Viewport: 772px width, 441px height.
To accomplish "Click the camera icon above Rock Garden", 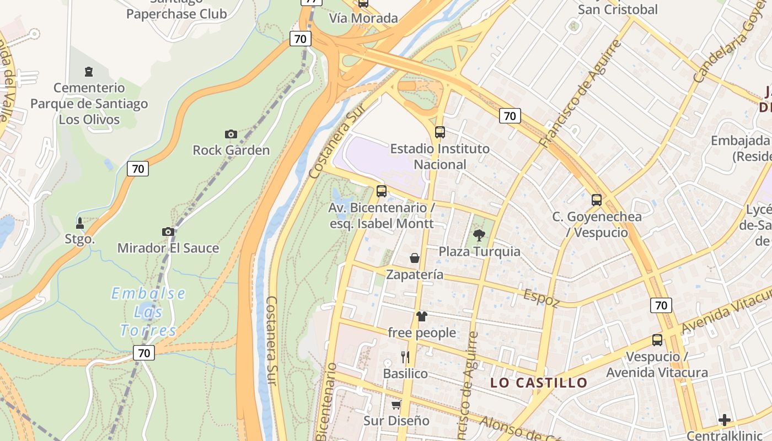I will coord(231,134).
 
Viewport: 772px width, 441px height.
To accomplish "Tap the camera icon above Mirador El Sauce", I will coord(168,232).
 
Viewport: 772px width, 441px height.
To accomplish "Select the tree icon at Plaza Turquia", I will coord(479,235).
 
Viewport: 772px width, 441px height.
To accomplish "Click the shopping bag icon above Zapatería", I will coord(414,258).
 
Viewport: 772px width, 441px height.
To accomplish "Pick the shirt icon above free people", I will coord(422,316).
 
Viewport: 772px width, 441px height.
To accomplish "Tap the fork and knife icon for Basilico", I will coord(405,357).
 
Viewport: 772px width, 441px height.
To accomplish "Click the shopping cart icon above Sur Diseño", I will coord(396,405).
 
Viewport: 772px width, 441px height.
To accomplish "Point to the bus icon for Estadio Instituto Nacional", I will coord(440,132).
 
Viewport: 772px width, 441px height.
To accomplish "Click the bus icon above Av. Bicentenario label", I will coord(381,191).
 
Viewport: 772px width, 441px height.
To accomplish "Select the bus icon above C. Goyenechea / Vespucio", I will coord(597,200).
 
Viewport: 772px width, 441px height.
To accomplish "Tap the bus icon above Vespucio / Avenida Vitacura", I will coord(657,340).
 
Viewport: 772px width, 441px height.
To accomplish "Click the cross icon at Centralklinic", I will coord(725,421).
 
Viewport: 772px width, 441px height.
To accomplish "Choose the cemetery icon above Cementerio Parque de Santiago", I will coord(88,72).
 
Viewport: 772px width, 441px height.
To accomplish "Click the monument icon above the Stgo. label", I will coord(80,223).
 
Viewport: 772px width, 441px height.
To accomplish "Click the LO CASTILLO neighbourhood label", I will coord(539,383).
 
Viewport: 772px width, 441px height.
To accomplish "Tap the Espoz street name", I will coord(542,298).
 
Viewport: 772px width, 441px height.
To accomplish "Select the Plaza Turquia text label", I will coord(479,252).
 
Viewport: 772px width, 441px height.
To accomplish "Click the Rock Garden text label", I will coord(231,150).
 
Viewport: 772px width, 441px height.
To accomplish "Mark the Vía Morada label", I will coord(363,18).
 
